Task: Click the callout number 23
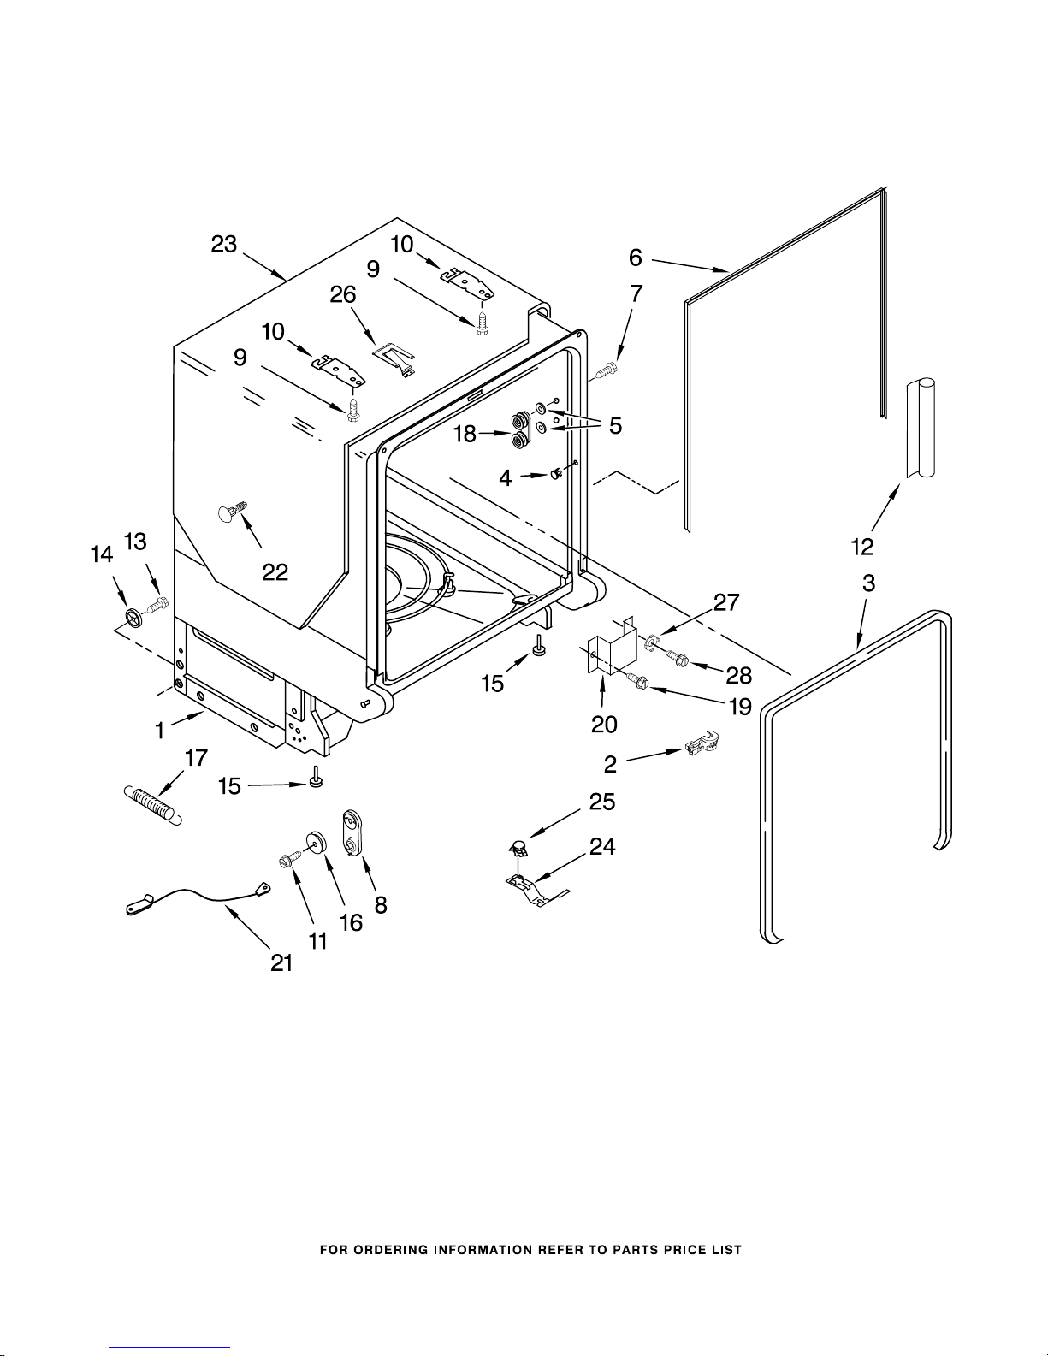(224, 245)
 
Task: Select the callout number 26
(343, 295)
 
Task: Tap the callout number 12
(862, 546)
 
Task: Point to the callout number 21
(281, 962)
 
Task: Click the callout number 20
(604, 724)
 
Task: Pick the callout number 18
(465, 434)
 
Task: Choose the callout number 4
(506, 477)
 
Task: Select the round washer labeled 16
(315, 842)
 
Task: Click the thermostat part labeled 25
(517, 850)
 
